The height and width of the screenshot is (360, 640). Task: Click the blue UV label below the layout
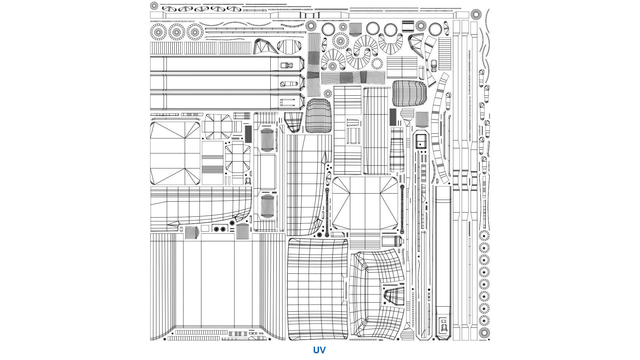point(319,350)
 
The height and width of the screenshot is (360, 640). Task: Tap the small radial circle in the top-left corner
point(154,6)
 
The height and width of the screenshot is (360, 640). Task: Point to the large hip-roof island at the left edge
point(175,153)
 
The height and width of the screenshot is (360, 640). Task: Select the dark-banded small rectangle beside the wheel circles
point(408,26)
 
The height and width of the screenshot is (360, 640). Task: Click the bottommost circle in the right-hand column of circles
point(484,332)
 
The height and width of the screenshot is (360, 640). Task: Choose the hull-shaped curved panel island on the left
point(200,208)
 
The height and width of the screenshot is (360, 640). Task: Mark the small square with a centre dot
point(420,141)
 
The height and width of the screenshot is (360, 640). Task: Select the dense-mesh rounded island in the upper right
point(409,93)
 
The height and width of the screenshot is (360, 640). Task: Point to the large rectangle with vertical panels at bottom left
point(217,283)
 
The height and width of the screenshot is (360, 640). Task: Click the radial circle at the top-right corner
point(476,14)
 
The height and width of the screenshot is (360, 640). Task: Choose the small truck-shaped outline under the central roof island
point(393,241)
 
